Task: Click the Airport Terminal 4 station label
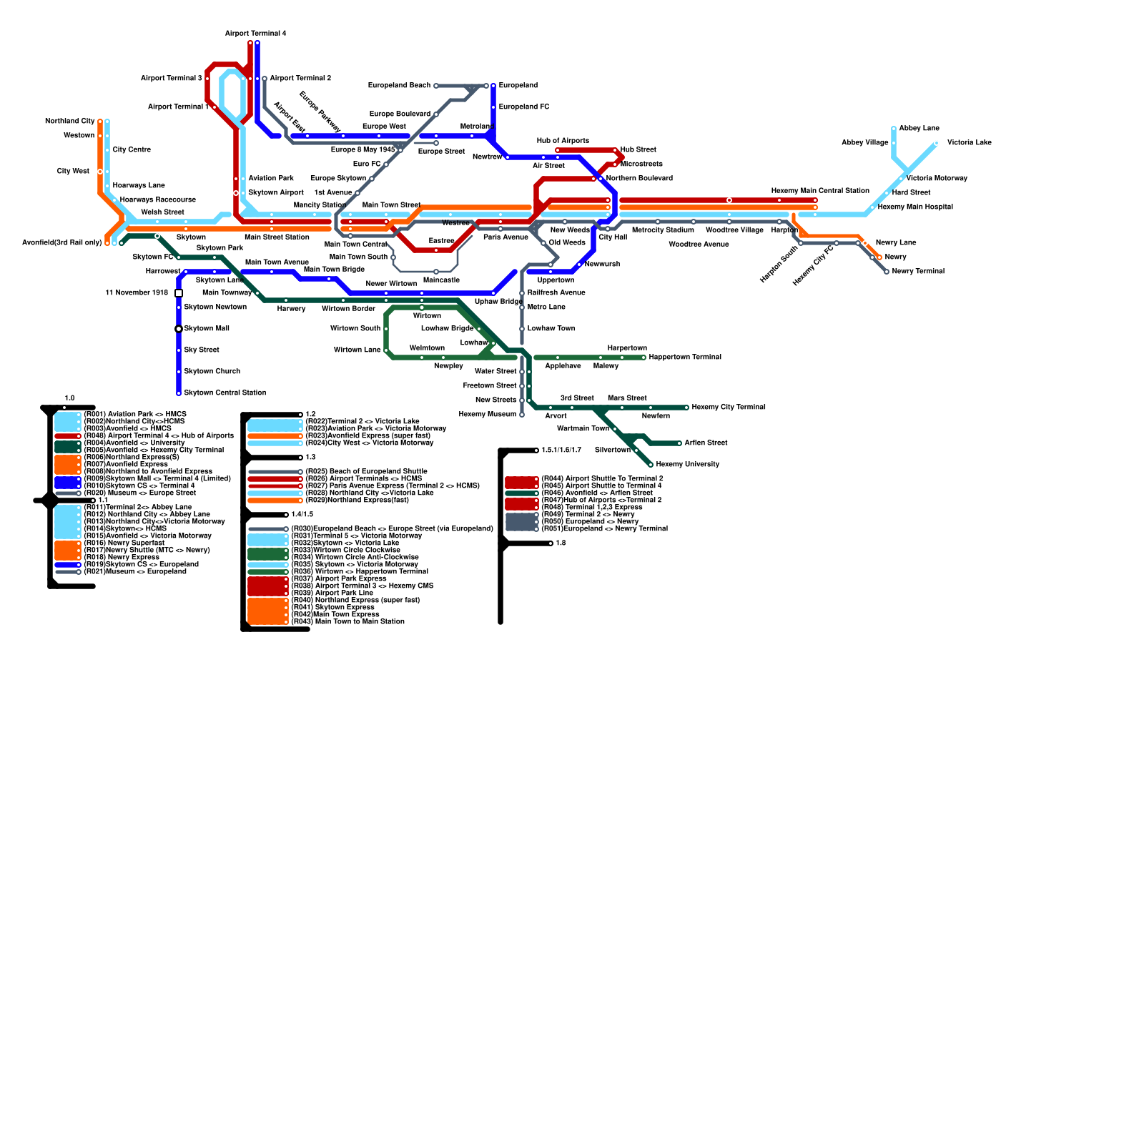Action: pos(255,34)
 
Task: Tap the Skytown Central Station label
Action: pos(225,393)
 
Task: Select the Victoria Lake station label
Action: pos(969,143)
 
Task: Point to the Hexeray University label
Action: pos(687,464)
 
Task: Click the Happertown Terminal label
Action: pos(685,357)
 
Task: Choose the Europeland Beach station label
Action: pos(399,86)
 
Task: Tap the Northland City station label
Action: pos(69,122)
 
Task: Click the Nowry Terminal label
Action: pos(918,272)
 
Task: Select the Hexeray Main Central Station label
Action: pos(820,191)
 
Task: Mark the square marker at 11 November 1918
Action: pos(179,293)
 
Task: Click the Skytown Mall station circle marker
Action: pos(179,329)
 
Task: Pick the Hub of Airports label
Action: pos(563,141)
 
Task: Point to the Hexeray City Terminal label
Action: pos(728,407)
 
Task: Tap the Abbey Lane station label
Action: pos(919,129)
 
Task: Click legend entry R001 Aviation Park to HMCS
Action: pos(135,415)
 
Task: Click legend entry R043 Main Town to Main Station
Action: pos(348,621)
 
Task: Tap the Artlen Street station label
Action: pos(706,443)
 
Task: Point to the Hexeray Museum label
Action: pos(487,414)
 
